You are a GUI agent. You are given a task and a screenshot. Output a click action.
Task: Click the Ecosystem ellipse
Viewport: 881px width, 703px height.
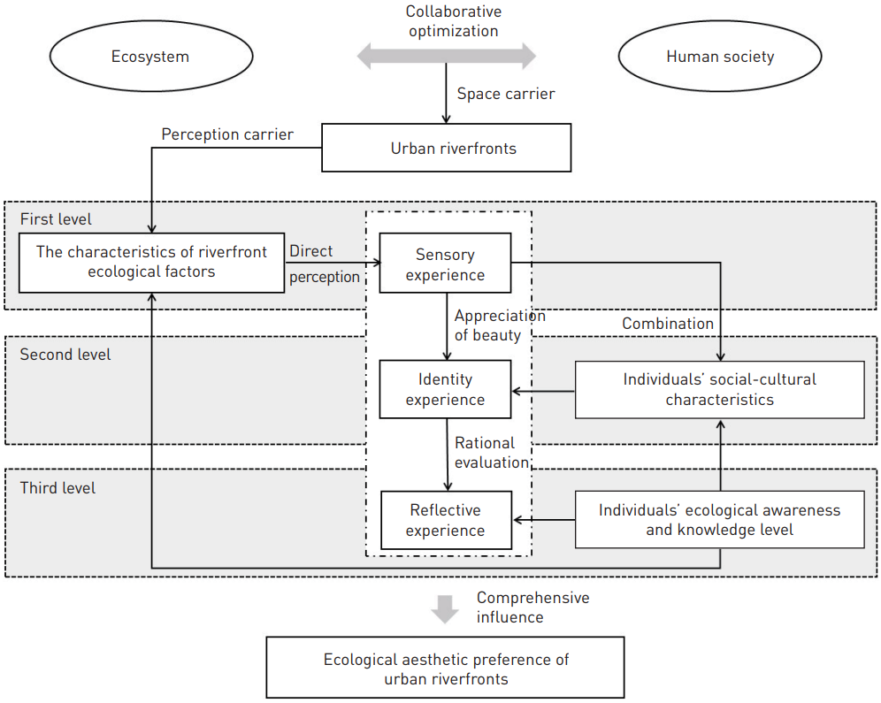[149, 57]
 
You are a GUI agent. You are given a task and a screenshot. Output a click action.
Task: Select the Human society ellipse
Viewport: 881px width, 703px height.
[719, 57]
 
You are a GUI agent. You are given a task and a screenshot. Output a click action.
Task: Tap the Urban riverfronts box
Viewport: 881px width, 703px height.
[446, 148]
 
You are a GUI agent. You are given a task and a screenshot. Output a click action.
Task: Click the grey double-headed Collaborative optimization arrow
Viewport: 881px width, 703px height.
[446, 57]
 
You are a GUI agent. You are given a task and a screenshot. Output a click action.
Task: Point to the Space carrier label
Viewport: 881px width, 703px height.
[505, 94]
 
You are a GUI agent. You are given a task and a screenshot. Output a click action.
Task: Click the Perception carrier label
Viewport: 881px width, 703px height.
[227, 134]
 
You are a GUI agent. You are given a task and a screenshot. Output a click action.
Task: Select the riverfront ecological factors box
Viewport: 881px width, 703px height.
[151, 262]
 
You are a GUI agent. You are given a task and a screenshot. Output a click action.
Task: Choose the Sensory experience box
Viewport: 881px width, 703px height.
[445, 264]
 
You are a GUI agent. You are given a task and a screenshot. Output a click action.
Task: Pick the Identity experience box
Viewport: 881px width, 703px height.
[445, 389]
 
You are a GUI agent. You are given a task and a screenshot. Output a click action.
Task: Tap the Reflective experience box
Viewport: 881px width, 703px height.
[445, 520]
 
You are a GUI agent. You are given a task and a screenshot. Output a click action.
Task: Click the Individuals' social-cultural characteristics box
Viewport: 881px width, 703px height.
[719, 389]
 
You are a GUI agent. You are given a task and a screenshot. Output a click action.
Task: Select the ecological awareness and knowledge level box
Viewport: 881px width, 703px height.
[719, 520]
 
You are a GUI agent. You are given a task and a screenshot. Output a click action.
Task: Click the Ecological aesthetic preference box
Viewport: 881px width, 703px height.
[445, 669]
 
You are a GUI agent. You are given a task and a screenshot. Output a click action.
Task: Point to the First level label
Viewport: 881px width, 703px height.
[56, 218]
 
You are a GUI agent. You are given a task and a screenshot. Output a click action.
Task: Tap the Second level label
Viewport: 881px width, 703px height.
[65, 355]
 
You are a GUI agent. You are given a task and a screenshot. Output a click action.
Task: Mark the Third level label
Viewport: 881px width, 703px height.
[57, 488]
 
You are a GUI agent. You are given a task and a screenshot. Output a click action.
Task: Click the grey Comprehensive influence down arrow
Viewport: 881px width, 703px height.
[445, 608]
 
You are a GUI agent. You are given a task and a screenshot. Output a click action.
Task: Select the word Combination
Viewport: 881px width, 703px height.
[667, 324]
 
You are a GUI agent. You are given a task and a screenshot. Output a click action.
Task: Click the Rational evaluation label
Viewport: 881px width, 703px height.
[491, 452]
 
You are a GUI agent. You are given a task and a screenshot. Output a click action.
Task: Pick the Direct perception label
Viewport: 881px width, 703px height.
[324, 264]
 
